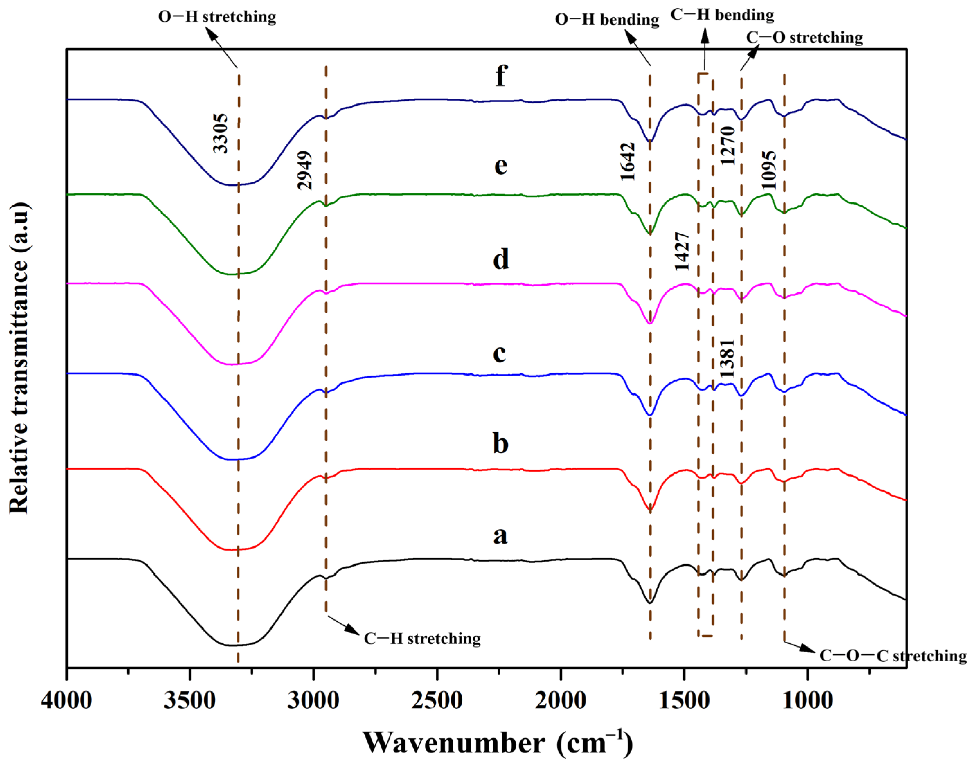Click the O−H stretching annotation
[x=217, y=17]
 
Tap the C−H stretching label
[x=422, y=639]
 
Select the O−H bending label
[x=607, y=20]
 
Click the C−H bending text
[x=722, y=15]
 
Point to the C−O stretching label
[x=804, y=37]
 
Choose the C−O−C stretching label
[x=893, y=655]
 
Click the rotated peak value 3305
[x=220, y=134]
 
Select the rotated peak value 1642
[x=627, y=162]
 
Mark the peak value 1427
[x=681, y=251]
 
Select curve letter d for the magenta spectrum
[x=501, y=259]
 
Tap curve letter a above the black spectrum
[x=500, y=535]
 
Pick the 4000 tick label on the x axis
[x=67, y=701]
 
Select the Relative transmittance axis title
[x=19, y=358]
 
